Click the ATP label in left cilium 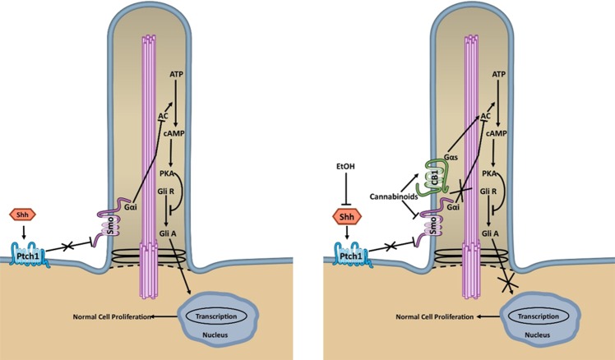pos(177,75)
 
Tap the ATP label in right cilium pos(498,75)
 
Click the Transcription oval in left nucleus pos(217,316)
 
